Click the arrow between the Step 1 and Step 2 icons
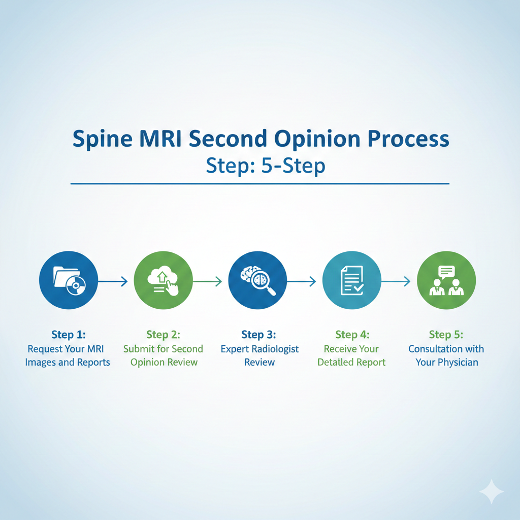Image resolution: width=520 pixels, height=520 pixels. pyautogui.click(x=113, y=281)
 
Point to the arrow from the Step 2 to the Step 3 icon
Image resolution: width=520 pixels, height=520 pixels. pyautogui.click(x=207, y=281)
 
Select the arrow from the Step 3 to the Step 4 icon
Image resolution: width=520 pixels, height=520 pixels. pyautogui.click(x=302, y=281)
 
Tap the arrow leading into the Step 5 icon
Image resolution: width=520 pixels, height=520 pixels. pyautogui.click(x=396, y=281)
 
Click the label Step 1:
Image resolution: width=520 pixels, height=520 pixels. pyautogui.click(x=69, y=335)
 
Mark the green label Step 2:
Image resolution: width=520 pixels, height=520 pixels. pyautogui.click(x=164, y=335)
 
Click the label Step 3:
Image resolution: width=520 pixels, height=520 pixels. pyautogui.click(x=259, y=335)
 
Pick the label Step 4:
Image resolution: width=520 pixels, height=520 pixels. pyautogui.click(x=352, y=335)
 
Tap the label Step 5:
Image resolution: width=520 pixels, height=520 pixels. pyautogui.click(x=446, y=335)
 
